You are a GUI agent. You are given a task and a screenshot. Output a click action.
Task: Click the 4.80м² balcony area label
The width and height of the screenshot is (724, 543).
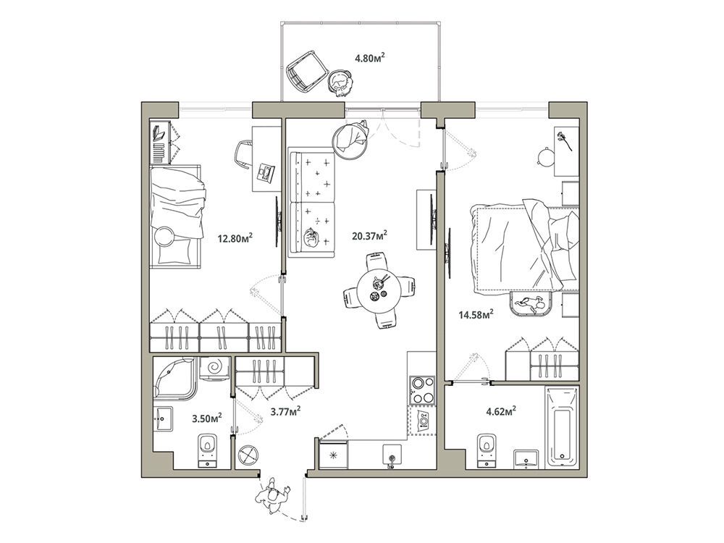pyautogui.click(x=370, y=58)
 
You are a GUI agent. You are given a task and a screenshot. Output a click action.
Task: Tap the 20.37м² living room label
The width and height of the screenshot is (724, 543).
pyautogui.click(x=369, y=236)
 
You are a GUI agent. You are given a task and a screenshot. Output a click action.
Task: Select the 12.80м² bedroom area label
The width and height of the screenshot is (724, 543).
pyautogui.click(x=235, y=238)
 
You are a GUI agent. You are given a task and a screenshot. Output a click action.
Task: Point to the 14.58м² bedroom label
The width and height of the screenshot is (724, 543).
pyautogui.click(x=476, y=315)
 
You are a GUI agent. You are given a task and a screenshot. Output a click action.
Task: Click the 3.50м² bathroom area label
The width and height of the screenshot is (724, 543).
pyautogui.click(x=207, y=418)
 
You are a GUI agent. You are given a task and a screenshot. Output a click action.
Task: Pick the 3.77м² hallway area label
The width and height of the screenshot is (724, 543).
pyautogui.click(x=286, y=411)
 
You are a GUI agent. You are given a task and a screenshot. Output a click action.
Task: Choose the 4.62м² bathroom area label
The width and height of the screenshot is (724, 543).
pyautogui.click(x=501, y=411)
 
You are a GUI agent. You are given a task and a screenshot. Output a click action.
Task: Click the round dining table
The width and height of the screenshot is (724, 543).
pyautogui.click(x=379, y=291)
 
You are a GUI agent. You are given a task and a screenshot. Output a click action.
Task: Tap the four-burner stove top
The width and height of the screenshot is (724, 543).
pyautogui.click(x=422, y=390)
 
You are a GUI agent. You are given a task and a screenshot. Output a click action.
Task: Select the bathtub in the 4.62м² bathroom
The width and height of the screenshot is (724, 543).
pyautogui.click(x=562, y=427)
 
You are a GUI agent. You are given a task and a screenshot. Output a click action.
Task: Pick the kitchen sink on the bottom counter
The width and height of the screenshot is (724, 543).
pyautogui.click(x=391, y=455)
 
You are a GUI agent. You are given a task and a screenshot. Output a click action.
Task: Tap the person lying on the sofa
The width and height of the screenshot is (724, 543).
pyautogui.click(x=311, y=240)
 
